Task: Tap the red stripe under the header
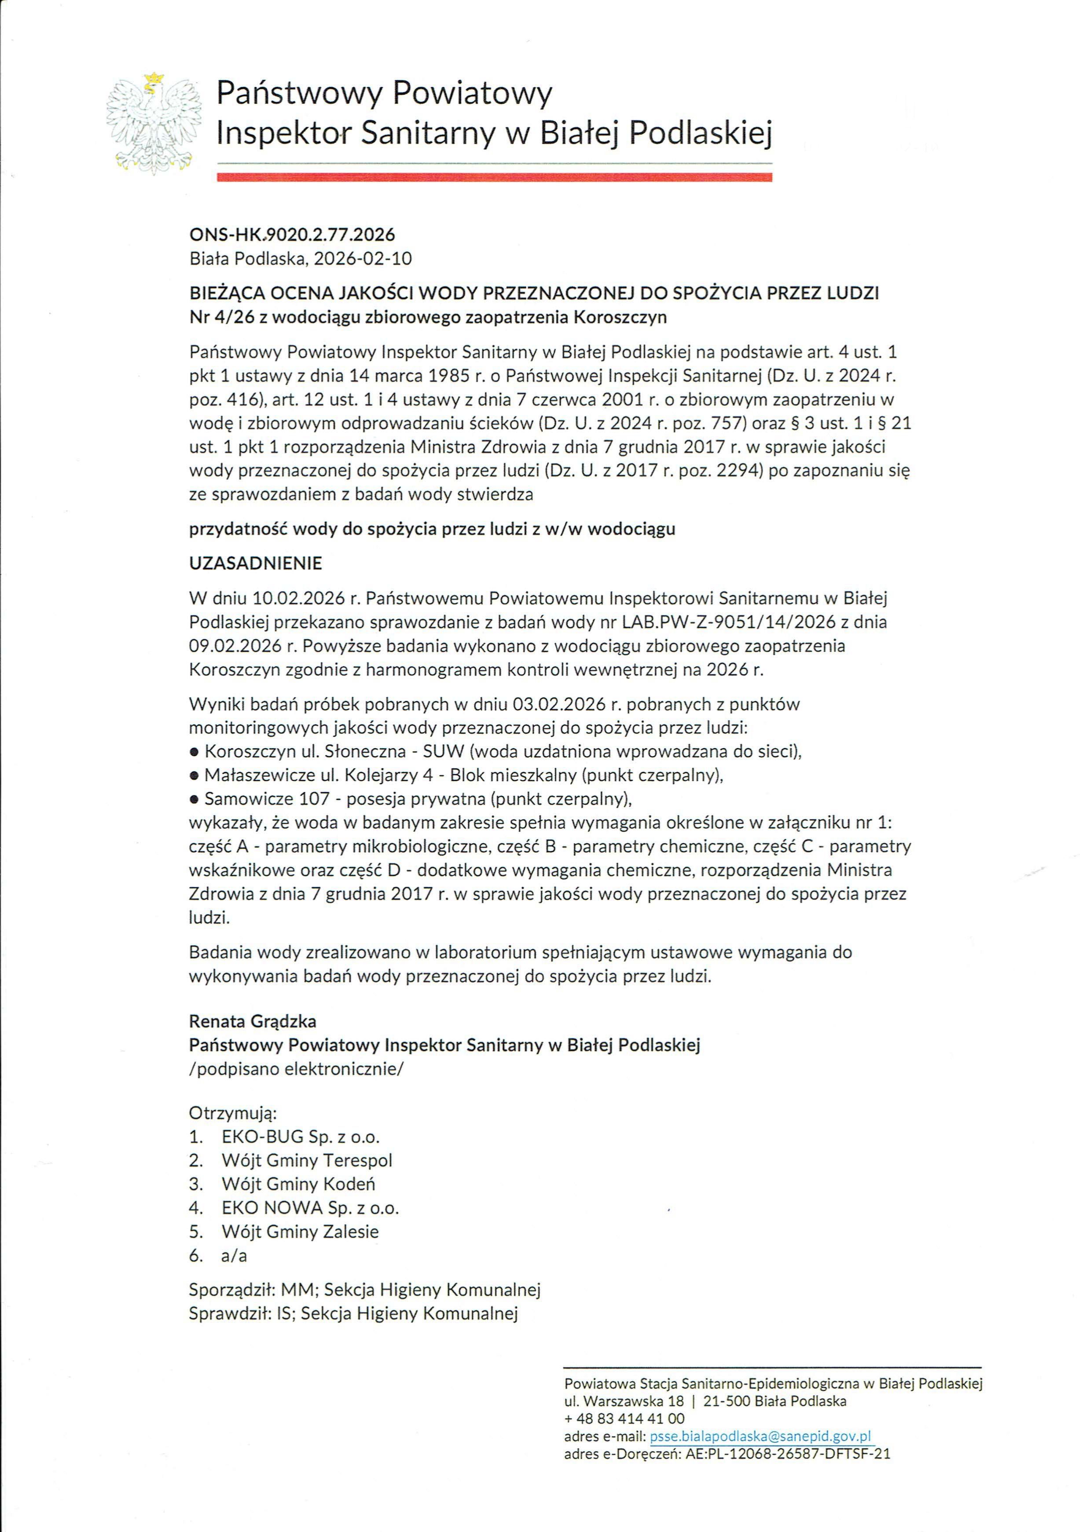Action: (494, 177)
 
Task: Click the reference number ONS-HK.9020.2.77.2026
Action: (292, 234)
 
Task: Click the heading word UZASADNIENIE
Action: (256, 563)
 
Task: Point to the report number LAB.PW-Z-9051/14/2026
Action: (729, 622)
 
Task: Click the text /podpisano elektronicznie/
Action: (296, 1069)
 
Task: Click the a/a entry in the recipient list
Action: (234, 1255)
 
